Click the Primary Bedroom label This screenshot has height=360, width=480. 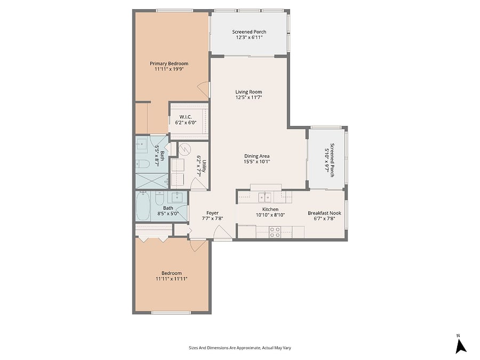pyautogui.click(x=169, y=63)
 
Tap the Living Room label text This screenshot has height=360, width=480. pyautogui.click(x=249, y=92)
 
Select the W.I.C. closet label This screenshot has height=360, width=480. pyautogui.click(x=186, y=117)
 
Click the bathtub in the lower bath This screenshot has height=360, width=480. pyautogui.click(x=143, y=206)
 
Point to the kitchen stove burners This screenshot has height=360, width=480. pyautogui.click(x=275, y=232)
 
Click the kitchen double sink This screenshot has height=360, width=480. pyautogui.click(x=265, y=197)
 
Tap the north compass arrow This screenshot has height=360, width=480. pyautogui.click(x=460, y=346)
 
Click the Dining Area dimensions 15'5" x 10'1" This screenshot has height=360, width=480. pyautogui.click(x=257, y=162)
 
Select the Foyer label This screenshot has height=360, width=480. pyautogui.click(x=212, y=213)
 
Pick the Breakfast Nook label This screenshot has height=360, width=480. pyautogui.click(x=324, y=213)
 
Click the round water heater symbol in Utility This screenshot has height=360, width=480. pyautogui.click(x=185, y=149)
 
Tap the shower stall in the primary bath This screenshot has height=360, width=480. pyautogui.click(x=152, y=181)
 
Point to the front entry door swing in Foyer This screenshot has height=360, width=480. pyautogui.click(x=222, y=233)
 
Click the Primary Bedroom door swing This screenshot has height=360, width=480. pyautogui.click(x=204, y=90)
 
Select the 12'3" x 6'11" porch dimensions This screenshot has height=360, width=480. pyautogui.click(x=249, y=37)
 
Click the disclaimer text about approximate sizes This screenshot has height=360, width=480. pyautogui.click(x=240, y=348)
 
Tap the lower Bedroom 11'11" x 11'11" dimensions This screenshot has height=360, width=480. pyautogui.click(x=171, y=279)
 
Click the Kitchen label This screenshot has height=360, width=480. pyautogui.click(x=270, y=210)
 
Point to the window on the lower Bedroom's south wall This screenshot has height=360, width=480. pyautogui.click(x=171, y=313)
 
